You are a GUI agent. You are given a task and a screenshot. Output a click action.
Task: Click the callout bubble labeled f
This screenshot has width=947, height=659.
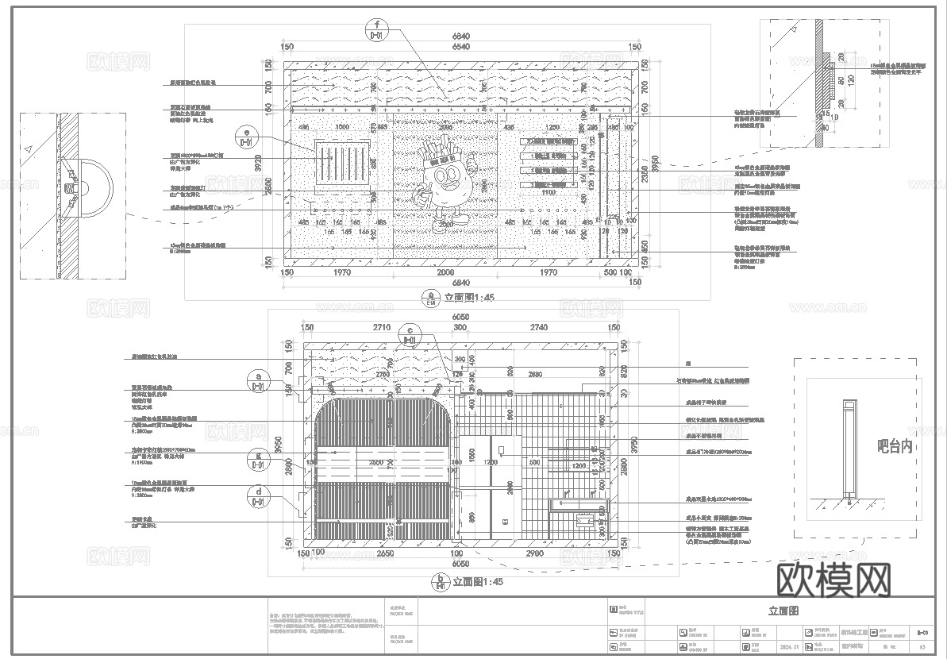click(x=378, y=30)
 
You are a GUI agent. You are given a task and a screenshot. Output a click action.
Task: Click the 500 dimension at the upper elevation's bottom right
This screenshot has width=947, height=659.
click(x=610, y=272)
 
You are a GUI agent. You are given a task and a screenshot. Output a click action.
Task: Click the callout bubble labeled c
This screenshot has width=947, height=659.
click(x=409, y=334)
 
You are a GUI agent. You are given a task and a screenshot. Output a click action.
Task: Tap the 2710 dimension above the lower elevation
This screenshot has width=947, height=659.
click(x=381, y=327)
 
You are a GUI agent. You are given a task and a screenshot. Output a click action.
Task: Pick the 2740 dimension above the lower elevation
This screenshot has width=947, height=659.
click(x=538, y=327)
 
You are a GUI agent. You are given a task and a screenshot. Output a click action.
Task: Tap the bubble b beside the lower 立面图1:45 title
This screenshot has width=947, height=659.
click(x=440, y=582)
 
